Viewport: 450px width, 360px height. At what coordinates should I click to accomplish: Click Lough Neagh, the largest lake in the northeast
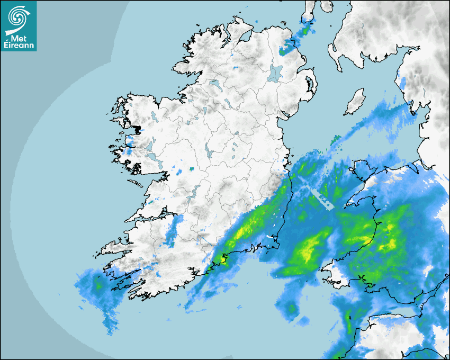click(x=275, y=73)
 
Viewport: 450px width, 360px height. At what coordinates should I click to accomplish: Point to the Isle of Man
click(x=355, y=102)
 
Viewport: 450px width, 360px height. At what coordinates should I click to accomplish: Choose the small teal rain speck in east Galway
click(x=191, y=169)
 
